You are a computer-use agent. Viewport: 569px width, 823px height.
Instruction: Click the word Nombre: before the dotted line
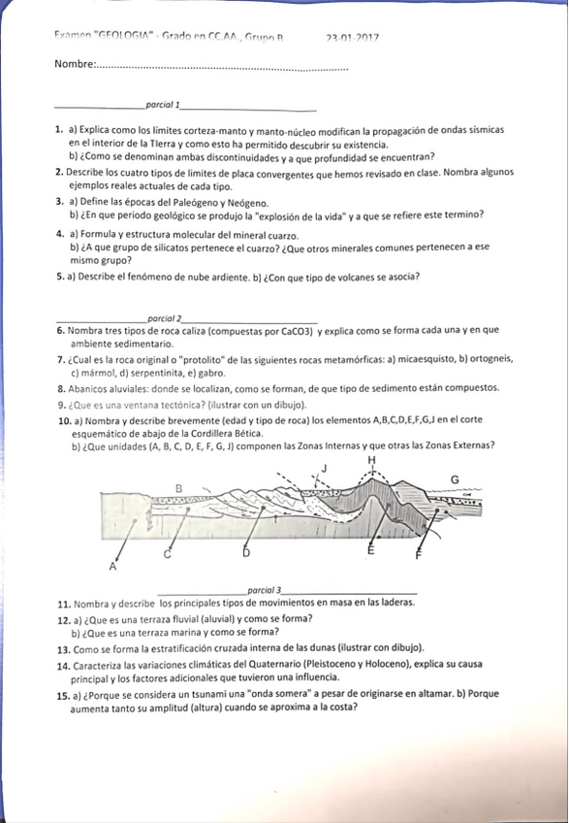point(75,65)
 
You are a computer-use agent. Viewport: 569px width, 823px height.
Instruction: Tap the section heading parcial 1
point(161,103)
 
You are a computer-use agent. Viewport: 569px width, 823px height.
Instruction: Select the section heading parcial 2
point(164,319)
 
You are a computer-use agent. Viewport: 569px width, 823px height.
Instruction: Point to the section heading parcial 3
point(265,590)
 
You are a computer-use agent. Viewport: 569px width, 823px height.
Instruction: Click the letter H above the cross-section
point(370,459)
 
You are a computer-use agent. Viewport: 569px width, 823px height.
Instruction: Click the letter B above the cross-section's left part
point(178,486)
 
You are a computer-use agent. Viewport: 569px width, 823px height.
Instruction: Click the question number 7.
point(60,358)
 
